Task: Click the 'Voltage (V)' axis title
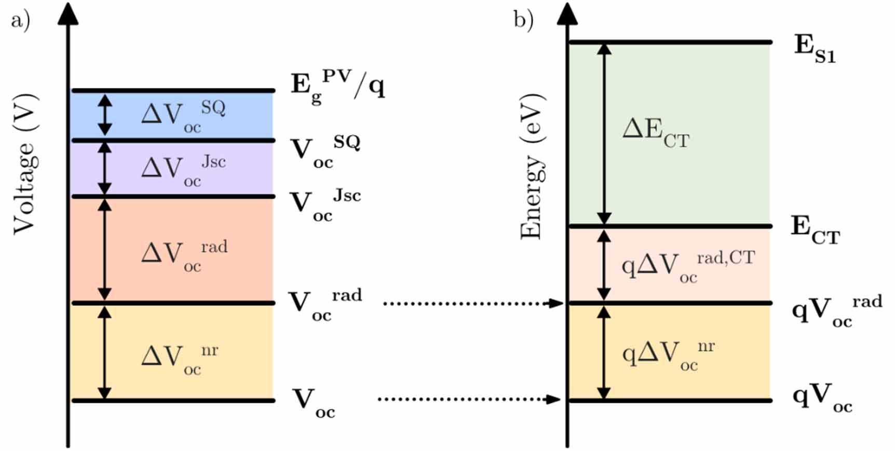tap(25, 164)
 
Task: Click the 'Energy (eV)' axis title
tap(532, 166)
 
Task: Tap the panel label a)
tap(20, 21)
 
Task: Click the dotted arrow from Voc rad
tap(472, 303)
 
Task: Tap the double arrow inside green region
tap(604, 134)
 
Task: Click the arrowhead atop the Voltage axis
tap(68, 14)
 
